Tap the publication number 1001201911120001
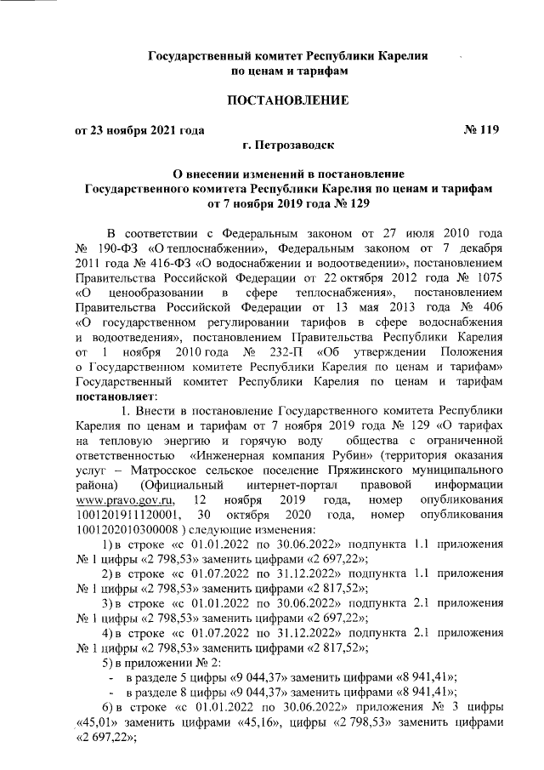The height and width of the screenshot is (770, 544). (128, 515)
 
